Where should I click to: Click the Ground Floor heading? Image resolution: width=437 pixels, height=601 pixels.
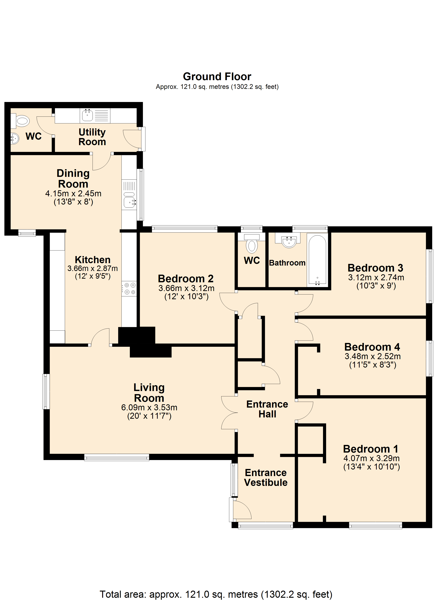point(217,77)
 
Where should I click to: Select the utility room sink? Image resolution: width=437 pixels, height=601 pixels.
point(87,115)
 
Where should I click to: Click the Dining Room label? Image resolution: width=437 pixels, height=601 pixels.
point(73,178)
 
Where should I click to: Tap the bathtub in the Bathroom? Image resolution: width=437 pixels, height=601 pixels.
point(317,260)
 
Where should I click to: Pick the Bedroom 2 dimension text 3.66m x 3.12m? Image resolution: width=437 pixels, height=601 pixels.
point(186,288)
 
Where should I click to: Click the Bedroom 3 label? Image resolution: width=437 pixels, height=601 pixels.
point(375,268)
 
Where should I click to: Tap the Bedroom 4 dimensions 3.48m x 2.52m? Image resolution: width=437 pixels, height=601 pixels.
point(373,356)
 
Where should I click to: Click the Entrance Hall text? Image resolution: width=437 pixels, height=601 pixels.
point(267,409)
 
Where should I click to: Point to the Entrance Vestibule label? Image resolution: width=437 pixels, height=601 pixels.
point(266,478)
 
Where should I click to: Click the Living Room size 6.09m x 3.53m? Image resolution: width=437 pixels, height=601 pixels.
point(149,407)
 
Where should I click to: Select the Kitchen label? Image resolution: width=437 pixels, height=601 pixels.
point(92,260)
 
